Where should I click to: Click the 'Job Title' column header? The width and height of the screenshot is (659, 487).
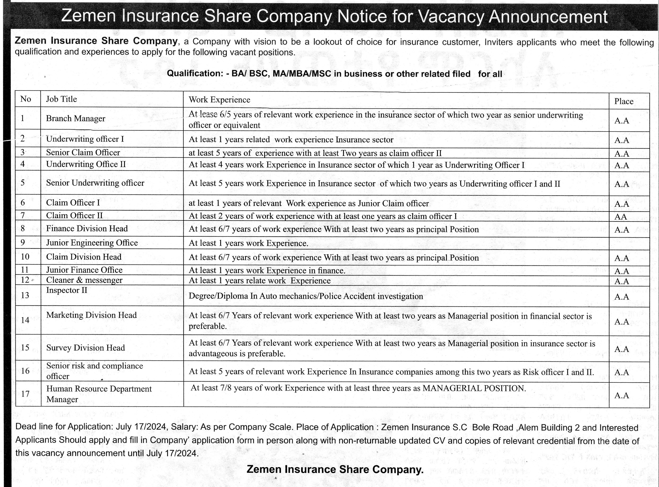(61, 99)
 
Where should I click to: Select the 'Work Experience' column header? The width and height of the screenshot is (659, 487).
(219, 100)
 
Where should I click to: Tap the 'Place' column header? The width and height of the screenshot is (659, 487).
(624, 101)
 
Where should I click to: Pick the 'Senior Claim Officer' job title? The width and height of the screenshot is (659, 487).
(83, 152)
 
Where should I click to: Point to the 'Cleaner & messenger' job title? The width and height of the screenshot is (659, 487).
(84, 280)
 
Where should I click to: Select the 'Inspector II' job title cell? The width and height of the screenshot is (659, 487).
(67, 290)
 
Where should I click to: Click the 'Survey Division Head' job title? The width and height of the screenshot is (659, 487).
(85, 348)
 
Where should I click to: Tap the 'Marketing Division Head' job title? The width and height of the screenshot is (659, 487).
(91, 315)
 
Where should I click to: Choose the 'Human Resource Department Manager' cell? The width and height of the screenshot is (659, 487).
(99, 394)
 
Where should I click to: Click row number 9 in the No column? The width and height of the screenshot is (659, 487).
(23, 242)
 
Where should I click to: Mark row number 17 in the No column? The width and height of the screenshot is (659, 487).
(25, 394)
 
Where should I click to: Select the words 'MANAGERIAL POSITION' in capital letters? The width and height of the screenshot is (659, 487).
(474, 388)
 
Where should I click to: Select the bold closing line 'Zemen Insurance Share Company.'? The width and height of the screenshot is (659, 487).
(335, 469)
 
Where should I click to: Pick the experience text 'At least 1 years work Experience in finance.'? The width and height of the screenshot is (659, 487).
(267, 271)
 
